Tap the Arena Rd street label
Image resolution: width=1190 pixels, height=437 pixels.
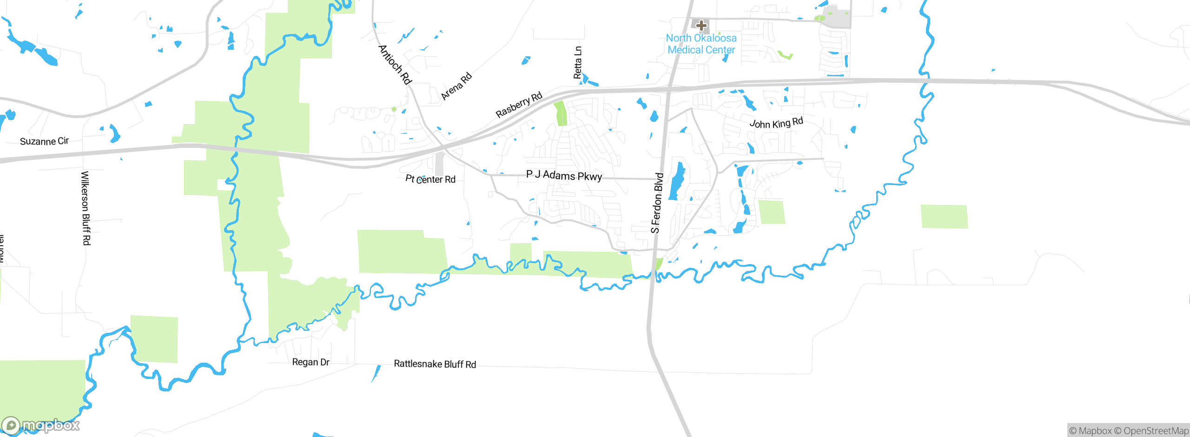tap(456, 86)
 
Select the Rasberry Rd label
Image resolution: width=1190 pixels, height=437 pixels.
tap(519, 105)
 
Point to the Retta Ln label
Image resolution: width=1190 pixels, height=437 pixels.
tap(578, 62)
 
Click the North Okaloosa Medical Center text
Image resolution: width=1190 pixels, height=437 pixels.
tap(701, 44)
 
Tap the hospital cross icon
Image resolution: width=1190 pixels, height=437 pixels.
tap(701, 25)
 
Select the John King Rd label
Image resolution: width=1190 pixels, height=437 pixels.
tap(776, 123)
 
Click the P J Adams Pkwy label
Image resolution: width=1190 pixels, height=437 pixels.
tap(564, 175)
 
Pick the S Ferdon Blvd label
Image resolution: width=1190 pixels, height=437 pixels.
tap(656, 203)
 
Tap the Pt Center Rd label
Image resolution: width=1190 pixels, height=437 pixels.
tap(430, 179)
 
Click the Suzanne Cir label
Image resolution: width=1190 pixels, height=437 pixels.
tap(44, 141)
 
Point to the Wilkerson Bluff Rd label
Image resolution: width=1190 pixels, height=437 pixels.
tap(86, 208)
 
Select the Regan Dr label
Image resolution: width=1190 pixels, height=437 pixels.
tap(311, 362)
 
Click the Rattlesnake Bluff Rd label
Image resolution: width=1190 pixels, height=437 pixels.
tap(435, 364)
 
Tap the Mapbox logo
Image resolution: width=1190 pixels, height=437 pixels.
tap(41, 425)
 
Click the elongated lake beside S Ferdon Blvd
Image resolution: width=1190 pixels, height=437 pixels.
tap(677, 181)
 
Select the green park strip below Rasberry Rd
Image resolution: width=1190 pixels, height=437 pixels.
tap(561, 113)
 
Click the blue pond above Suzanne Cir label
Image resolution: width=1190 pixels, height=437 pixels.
tap(114, 133)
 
